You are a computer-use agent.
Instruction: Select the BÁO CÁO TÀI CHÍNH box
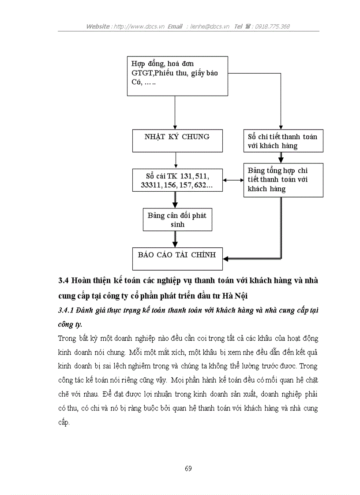click(176, 258)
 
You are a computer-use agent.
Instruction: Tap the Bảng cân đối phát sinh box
click(177, 219)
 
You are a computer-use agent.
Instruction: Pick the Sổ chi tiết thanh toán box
click(282, 141)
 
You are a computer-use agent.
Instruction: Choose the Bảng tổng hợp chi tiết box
click(283, 180)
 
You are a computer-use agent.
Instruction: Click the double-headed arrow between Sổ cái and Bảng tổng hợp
click(233, 180)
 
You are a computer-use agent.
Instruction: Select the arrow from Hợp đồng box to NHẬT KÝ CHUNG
click(175, 112)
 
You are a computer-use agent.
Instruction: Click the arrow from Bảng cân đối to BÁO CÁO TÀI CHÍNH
click(175, 239)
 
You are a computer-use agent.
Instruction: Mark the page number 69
click(188, 468)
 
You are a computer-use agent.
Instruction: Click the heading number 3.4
click(63, 281)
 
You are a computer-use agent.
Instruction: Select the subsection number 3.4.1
click(66, 311)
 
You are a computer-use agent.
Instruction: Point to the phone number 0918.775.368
click(274, 26)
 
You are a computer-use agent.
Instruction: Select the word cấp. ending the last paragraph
click(64, 422)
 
